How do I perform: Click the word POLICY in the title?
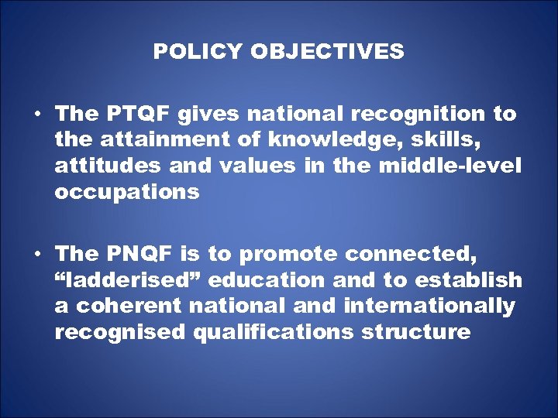point(198,52)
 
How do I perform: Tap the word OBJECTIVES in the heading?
point(327,52)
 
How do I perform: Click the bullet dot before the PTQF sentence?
point(37,115)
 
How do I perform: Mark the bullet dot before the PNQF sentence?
point(37,254)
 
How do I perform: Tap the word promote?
point(289,254)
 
